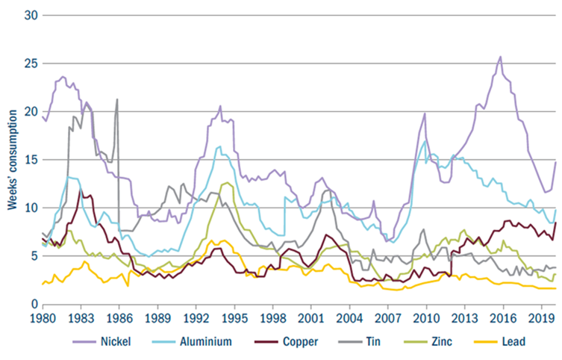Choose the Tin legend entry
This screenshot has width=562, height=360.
pyautogui.click(x=378, y=341)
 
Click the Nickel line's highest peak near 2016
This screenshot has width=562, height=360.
pyautogui.click(x=500, y=57)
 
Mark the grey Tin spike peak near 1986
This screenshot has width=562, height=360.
pyautogui.click(x=116, y=99)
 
